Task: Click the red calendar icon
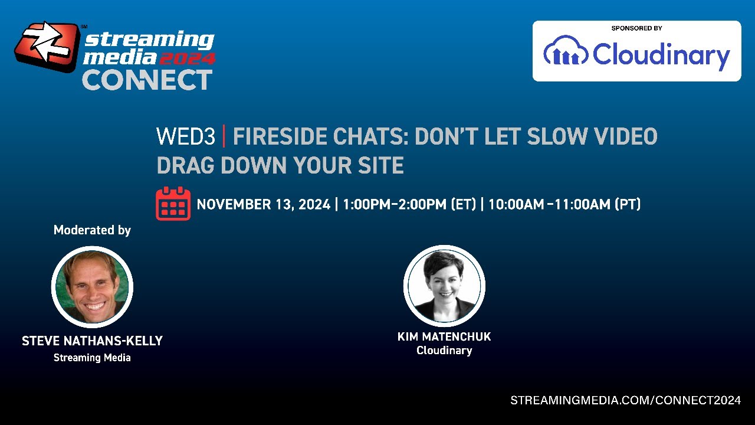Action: [173, 203]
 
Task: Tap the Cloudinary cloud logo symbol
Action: [565, 51]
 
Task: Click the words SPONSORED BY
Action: [636, 28]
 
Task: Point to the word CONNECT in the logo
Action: [147, 80]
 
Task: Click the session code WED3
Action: [186, 137]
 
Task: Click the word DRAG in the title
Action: [186, 166]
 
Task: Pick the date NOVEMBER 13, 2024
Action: [263, 205]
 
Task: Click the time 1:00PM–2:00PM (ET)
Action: [409, 205]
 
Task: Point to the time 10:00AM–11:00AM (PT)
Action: [564, 205]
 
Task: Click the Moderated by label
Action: [92, 230]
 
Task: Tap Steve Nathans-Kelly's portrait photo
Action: [92, 287]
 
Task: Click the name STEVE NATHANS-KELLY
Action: [92, 341]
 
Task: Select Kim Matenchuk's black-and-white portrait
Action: [444, 286]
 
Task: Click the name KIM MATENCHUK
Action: [444, 337]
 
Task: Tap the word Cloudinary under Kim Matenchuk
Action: [444, 351]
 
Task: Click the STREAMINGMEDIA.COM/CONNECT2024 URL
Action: [625, 400]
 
